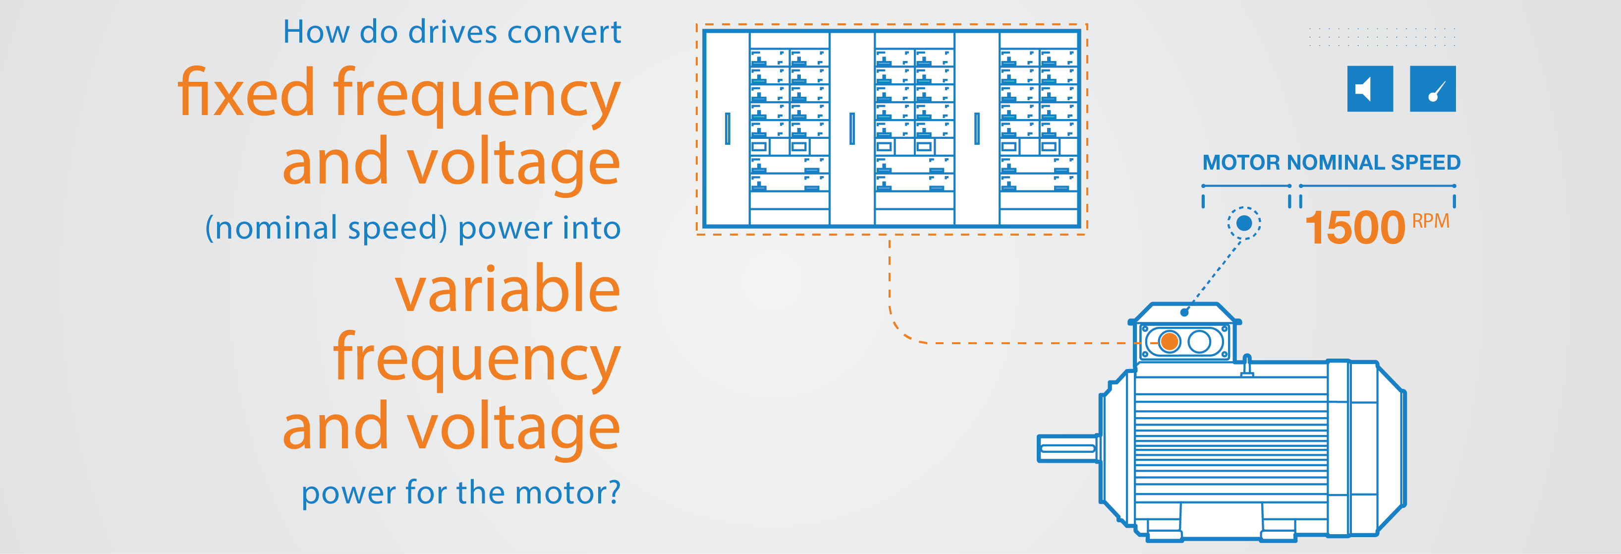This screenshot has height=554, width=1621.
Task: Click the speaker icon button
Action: [x=1369, y=89]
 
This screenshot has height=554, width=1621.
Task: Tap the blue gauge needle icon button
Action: [x=1432, y=89]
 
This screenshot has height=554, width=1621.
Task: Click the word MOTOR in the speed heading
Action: [x=1241, y=162]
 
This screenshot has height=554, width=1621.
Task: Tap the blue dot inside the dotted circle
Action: [x=1243, y=223]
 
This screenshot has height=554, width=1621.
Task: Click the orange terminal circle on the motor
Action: [x=1169, y=342]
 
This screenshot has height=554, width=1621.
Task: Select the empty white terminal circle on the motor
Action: [x=1199, y=342]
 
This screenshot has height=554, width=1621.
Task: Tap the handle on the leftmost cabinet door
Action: [x=727, y=128]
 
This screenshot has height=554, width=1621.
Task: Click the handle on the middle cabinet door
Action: [x=852, y=128]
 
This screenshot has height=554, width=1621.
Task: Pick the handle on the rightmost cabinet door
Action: [x=977, y=128]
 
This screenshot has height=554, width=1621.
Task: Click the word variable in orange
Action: [x=507, y=289]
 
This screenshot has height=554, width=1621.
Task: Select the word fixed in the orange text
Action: [x=245, y=93]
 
